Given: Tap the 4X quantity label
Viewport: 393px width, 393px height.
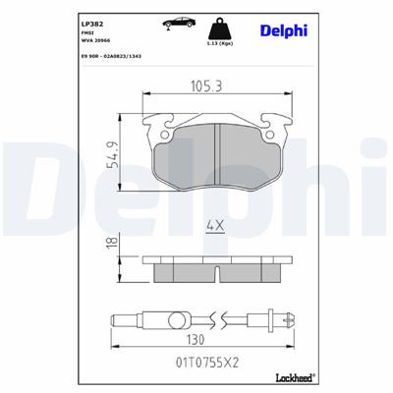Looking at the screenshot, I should pos(213,227).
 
